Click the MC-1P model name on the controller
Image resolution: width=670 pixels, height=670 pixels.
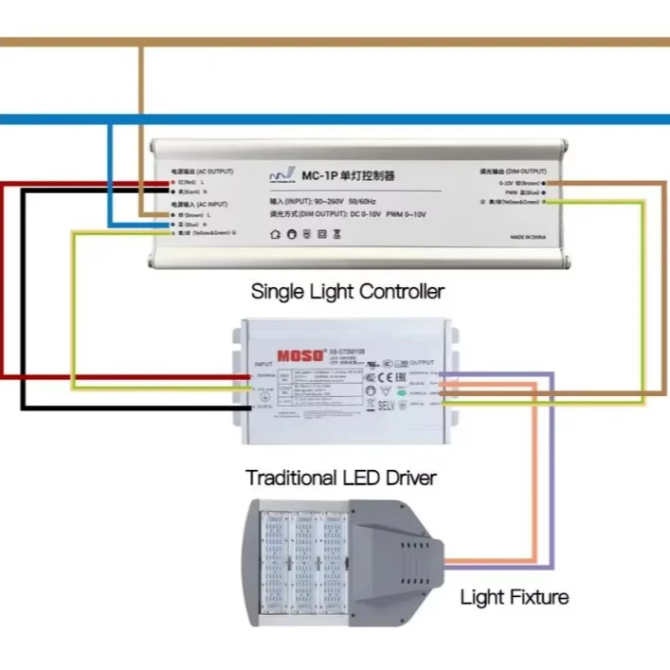tap(320, 176)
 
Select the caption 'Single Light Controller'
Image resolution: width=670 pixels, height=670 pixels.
tap(348, 291)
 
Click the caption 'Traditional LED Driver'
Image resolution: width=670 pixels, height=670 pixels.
tap(341, 478)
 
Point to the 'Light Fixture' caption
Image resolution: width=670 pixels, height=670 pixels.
tap(515, 597)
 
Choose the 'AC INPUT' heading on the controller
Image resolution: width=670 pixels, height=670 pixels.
tap(198, 204)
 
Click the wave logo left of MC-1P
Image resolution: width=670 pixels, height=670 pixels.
tap(281, 176)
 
